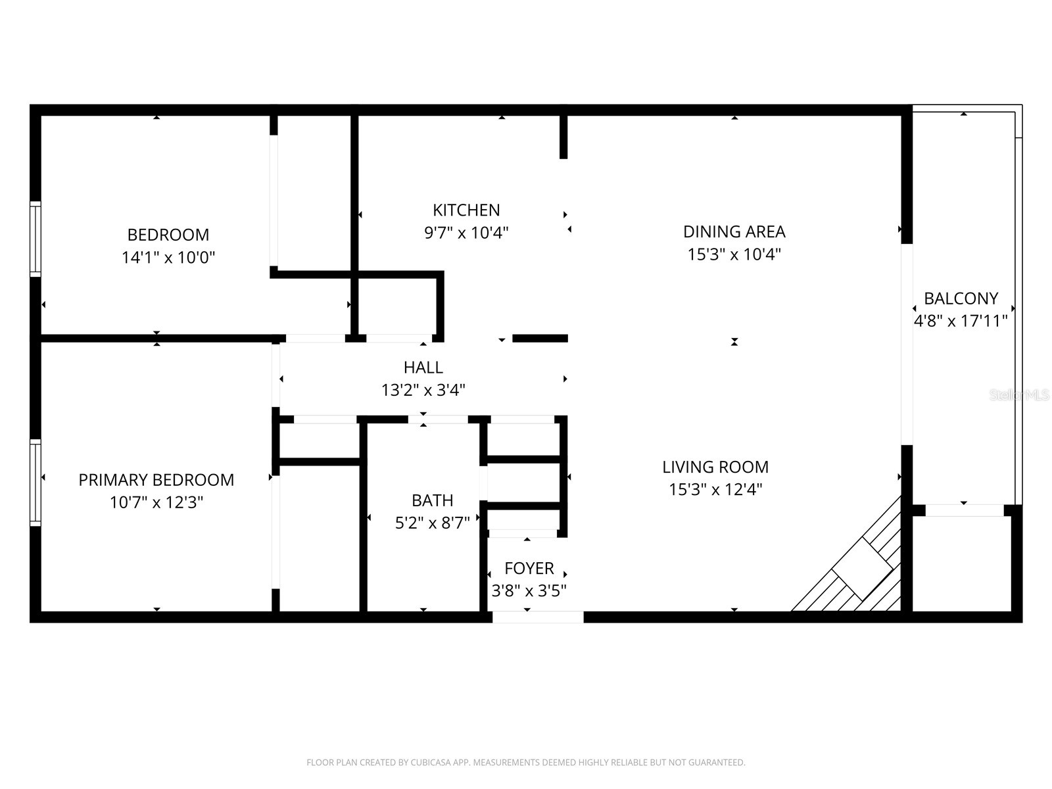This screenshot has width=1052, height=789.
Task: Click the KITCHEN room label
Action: point(466,210)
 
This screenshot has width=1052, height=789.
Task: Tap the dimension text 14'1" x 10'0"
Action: point(168,257)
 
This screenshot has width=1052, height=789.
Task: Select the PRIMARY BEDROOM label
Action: point(156,480)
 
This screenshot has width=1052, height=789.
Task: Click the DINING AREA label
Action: point(734,231)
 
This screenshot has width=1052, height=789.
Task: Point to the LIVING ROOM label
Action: point(715,467)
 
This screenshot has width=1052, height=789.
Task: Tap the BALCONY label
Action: point(961,299)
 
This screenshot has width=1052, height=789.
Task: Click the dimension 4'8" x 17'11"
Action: point(961,321)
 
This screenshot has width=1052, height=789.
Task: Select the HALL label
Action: point(423,367)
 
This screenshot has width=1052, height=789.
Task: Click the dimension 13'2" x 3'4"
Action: point(423,390)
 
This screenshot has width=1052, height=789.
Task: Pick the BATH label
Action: point(432,500)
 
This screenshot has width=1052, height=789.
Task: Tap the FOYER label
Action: point(529,568)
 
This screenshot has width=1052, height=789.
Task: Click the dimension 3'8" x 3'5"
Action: point(529,590)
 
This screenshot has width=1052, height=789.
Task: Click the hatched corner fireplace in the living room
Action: point(861,569)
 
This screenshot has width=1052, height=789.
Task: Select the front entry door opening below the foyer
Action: point(537,617)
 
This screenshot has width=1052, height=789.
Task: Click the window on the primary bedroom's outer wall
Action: point(36,482)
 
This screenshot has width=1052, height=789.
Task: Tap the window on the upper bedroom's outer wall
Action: point(36,238)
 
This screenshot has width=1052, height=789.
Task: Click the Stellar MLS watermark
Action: point(1018,395)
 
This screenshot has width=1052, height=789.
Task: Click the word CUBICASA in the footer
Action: point(431,763)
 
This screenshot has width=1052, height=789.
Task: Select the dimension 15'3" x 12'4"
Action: point(715,489)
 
